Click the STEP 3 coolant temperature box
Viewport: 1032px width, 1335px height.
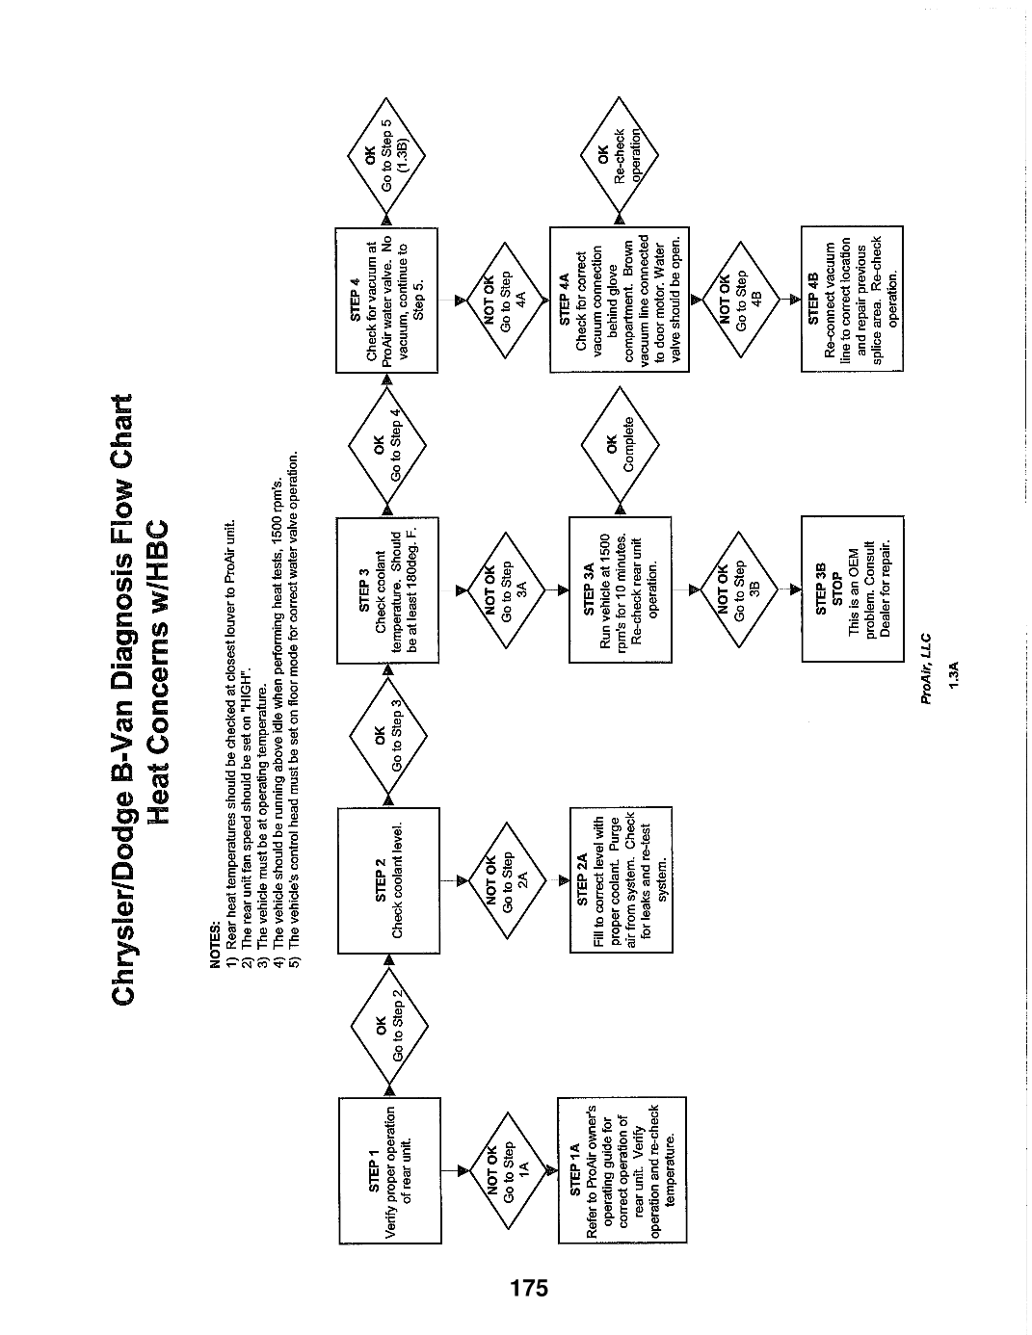click(x=388, y=590)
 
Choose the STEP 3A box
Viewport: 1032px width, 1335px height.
click(x=621, y=589)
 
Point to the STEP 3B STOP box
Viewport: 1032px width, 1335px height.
click(x=853, y=589)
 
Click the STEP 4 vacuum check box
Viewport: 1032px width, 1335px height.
click(x=386, y=301)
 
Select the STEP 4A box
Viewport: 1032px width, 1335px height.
click(x=620, y=300)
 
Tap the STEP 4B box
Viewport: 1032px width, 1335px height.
click(x=852, y=299)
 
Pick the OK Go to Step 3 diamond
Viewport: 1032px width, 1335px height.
click(x=388, y=735)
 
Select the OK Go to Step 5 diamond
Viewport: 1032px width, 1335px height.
click(x=386, y=155)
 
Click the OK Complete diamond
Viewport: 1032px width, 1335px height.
click(x=621, y=445)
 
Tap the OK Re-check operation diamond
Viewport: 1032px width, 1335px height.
click(x=619, y=155)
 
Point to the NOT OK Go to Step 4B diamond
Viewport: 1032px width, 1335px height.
click(x=741, y=300)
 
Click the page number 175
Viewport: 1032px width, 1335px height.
click(x=529, y=1287)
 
